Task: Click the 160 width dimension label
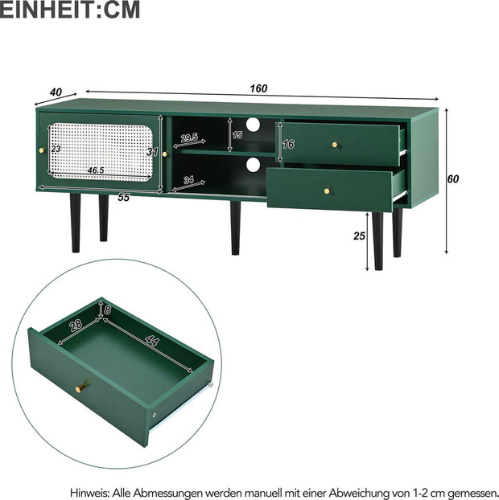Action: (258, 88)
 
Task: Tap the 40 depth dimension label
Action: (56, 92)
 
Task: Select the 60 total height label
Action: (452, 179)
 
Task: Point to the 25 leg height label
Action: (359, 236)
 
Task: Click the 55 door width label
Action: (124, 198)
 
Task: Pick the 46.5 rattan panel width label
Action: (96, 170)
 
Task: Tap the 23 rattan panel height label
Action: (56, 149)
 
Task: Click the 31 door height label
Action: (152, 152)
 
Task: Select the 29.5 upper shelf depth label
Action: (189, 137)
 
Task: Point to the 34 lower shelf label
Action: (188, 180)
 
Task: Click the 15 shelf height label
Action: (237, 135)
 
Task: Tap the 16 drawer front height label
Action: (288, 144)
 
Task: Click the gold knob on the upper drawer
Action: (335, 145)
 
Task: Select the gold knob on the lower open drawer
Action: (327, 191)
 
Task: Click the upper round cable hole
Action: (254, 125)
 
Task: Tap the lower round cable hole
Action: (254, 164)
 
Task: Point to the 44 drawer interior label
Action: (152, 340)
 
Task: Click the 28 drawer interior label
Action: (76, 325)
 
